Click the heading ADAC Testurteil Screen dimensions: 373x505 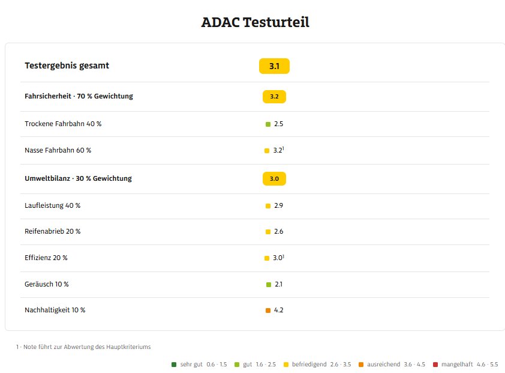pyautogui.click(x=255, y=23)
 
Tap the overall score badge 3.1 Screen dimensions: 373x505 pyautogui.click(x=274, y=66)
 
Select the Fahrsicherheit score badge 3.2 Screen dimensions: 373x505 pyautogui.click(x=274, y=96)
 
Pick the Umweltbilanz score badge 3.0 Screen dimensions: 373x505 pyautogui.click(x=274, y=178)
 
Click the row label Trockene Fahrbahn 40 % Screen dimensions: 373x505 pyautogui.click(x=63, y=124)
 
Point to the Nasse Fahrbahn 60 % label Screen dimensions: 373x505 pyautogui.click(x=58, y=150)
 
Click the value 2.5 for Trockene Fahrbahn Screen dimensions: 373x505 pyautogui.click(x=278, y=124)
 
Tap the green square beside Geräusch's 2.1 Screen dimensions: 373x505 pyautogui.click(x=269, y=284)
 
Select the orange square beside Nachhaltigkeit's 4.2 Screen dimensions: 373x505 pyautogui.click(x=268, y=311)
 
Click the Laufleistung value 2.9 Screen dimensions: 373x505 pyautogui.click(x=278, y=205)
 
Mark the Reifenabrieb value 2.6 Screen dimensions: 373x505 pyautogui.click(x=278, y=231)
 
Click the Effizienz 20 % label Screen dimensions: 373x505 pyautogui.click(x=46, y=258)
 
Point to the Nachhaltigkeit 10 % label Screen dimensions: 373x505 pyautogui.click(x=55, y=310)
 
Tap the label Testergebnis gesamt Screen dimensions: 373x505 pyautogui.click(x=67, y=65)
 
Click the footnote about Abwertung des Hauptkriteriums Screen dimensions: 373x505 pyautogui.click(x=83, y=347)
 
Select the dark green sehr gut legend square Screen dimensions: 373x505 pyautogui.click(x=173, y=364)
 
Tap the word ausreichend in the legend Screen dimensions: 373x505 pyautogui.click(x=383, y=364)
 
